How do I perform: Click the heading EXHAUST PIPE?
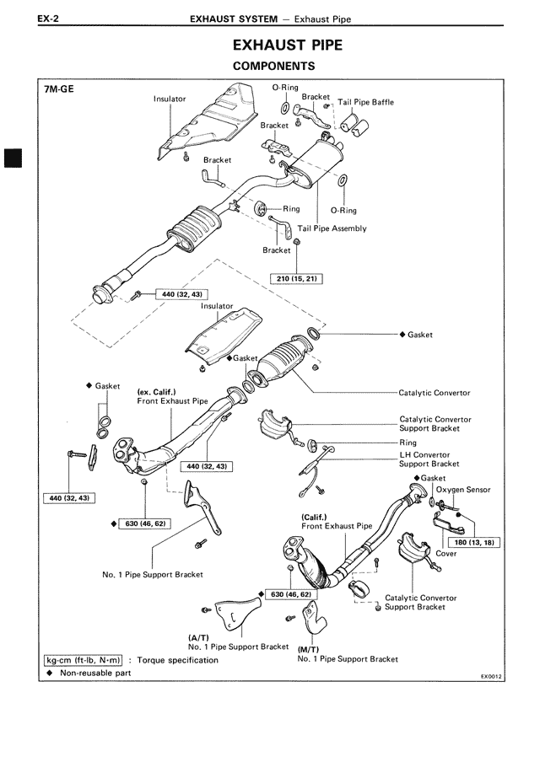pos(287,45)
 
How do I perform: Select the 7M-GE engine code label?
pos(60,88)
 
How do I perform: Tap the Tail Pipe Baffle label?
pos(365,103)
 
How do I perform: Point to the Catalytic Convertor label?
pos(435,393)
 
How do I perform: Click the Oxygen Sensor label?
pos(463,490)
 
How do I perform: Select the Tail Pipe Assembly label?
pos(332,228)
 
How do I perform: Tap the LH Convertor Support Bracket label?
pos(429,459)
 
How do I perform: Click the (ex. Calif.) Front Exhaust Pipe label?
pos(172,397)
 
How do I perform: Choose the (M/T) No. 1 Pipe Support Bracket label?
pos(348,654)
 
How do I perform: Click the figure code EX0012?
pos(492,676)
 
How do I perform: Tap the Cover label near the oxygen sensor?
pos(446,554)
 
